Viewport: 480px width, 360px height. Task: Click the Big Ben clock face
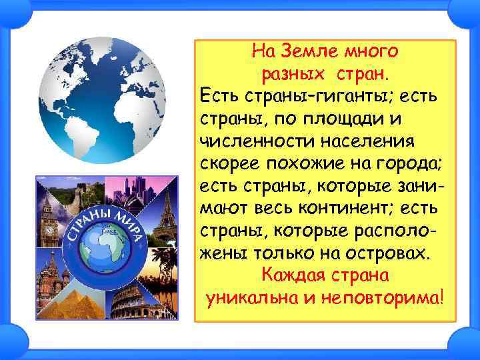coord(49,227)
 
